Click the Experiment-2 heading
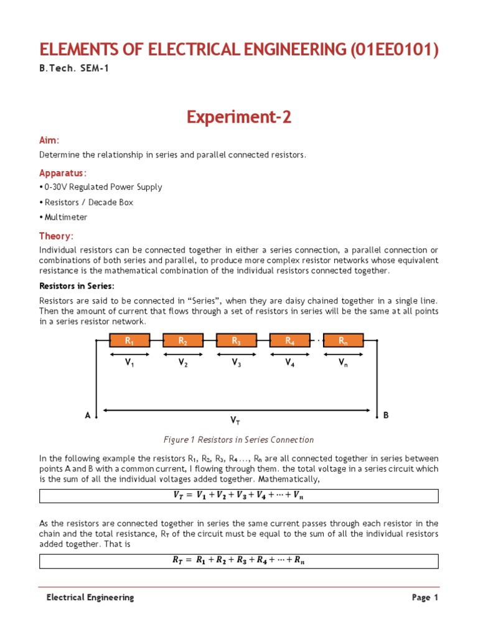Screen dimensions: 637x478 (239, 117)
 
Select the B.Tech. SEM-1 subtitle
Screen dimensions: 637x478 (74, 68)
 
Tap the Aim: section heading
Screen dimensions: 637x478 (50, 141)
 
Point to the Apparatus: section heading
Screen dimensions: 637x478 (63, 172)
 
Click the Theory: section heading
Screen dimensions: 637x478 (57, 236)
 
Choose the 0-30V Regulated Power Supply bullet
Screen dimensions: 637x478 (102, 187)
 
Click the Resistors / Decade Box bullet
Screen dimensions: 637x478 (87, 202)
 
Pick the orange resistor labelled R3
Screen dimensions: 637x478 (236, 340)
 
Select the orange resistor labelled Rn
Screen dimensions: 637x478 (343, 340)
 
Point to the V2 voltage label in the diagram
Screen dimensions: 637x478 (183, 364)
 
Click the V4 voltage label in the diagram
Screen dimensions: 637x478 (290, 364)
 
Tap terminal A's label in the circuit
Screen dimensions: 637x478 (88, 414)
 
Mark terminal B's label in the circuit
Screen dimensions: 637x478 (386, 414)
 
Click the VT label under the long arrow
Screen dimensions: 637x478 (236, 421)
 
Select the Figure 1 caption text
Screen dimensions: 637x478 (238, 440)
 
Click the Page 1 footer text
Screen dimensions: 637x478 (425, 597)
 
